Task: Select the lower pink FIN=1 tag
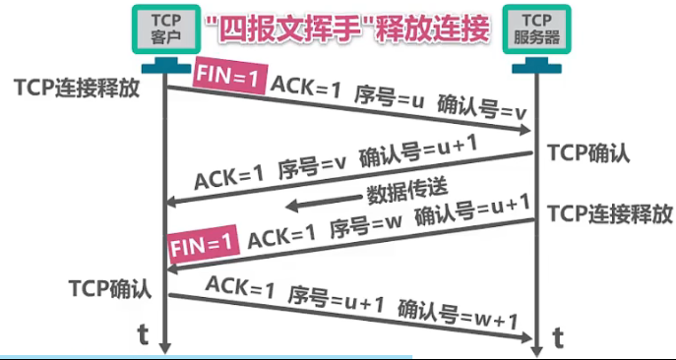(204, 242)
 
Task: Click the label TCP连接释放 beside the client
(77, 87)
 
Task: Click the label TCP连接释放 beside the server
(610, 213)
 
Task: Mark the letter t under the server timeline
(559, 338)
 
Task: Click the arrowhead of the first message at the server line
(527, 131)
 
